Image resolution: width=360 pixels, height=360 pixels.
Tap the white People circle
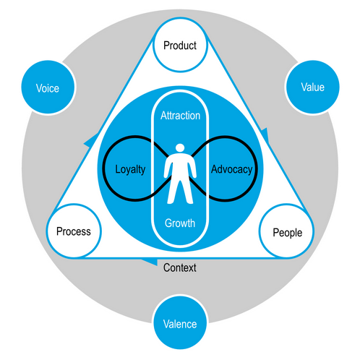pyautogui.click(x=286, y=232)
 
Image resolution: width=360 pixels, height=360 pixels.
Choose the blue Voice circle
pyautogui.click(x=47, y=88)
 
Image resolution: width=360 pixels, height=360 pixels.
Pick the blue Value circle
pyautogui.click(x=312, y=87)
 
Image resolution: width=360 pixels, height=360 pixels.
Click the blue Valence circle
pyautogui.click(x=180, y=323)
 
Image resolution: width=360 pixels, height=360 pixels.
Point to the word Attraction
pyautogui.click(x=180, y=116)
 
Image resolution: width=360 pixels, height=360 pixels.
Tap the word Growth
pyautogui.click(x=180, y=223)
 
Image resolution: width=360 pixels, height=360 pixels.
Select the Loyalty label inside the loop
pyautogui.click(x=131, y=170)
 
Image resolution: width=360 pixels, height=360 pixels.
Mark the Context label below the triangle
pyautogui.click(x=180, y=267)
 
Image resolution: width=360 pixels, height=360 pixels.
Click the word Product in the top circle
pyautogui.click(x=180, y=46)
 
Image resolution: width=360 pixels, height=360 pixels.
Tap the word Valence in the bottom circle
pyautogui.click(x=180, y=324)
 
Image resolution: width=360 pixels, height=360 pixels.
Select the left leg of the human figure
pyautogui.click(x=175, y=192)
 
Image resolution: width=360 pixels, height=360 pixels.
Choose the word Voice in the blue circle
pyautogui.click(x=47, y=89)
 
